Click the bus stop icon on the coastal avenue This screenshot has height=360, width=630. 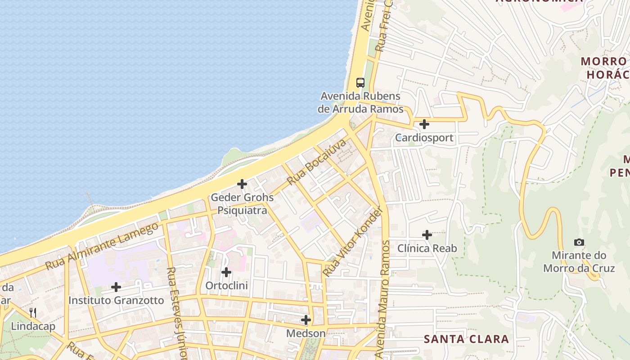360,82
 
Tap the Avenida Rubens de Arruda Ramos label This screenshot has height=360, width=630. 360,103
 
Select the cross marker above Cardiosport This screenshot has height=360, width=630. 424,124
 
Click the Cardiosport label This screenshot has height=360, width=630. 424,138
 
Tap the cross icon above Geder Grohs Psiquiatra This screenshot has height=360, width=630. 242,184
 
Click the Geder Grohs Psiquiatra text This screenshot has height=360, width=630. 242,204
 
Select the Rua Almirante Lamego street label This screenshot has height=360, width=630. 102,246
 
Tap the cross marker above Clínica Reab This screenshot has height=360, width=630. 427,235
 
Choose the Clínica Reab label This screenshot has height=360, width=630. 427,248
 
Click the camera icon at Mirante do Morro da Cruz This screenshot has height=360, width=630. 579,242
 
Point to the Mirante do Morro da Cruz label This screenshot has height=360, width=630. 579,262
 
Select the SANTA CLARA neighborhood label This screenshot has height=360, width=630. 466,339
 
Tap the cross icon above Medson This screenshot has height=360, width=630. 306,320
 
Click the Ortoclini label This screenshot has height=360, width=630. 226,286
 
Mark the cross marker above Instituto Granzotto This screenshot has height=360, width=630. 116,287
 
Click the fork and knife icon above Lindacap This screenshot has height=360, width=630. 33,312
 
